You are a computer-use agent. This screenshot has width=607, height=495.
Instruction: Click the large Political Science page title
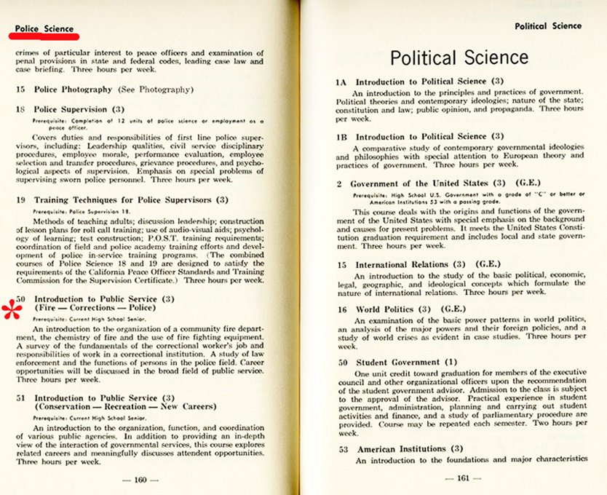click(459, 57)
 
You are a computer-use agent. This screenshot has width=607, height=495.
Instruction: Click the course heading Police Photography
click(73, 90)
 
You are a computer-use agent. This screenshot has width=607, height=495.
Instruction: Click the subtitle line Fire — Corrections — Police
click(95, 308)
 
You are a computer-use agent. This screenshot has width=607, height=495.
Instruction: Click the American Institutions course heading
click(401, 449)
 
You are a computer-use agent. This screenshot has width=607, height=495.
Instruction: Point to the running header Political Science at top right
click(548, 25)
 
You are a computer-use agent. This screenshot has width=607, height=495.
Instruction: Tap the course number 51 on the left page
click(21, 399)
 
